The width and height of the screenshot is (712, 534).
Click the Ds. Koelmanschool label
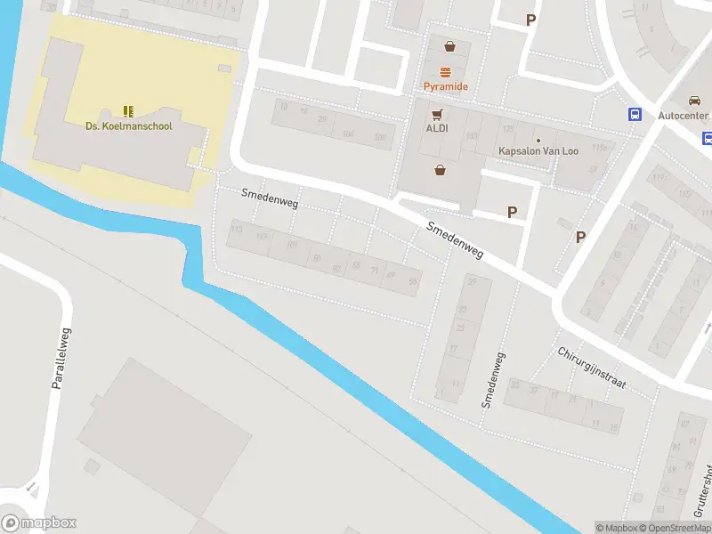coord(129,125)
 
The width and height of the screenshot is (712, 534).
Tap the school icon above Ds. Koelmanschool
coord(129,111)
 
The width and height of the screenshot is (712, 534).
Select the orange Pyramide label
coord(445,86)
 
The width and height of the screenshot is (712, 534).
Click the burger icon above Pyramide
coord(445,72)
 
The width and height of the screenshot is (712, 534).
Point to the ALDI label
coord(436,128)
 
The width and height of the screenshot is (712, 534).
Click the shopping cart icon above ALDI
coord(437,114)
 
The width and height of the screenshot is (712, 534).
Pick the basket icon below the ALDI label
coord(440,169)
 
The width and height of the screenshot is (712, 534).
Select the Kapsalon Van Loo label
coord(538,151)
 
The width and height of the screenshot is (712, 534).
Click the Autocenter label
coord(683,117)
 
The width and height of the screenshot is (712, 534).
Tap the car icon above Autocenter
coord(694,101)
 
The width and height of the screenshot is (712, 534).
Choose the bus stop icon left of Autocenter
coord(635,114)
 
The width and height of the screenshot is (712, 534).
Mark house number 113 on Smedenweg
coord(237,230)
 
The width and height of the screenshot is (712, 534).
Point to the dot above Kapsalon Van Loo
coord(538,140)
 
